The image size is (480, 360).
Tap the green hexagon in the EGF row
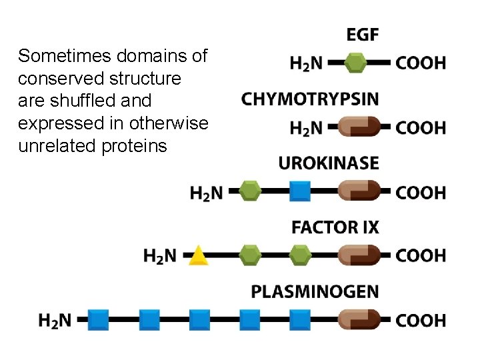click(357, 63)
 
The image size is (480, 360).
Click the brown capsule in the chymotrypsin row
click(359, 127)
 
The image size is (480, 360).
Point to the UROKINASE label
click(329, 163)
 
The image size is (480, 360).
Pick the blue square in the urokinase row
click(300, 192)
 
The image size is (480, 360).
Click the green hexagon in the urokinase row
click(249, 192)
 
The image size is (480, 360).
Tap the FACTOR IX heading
click(335, 227)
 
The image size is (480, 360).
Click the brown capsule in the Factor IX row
click(359, 255)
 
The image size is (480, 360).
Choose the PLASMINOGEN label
click(315, 291)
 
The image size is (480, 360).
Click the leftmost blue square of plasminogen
click(99, 320)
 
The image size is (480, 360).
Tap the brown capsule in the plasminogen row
click(359, 320)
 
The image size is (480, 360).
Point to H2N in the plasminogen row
click(55, 321)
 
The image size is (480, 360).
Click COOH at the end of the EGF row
click(421, 63)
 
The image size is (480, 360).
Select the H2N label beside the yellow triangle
click(160, 255)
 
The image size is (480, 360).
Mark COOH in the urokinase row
click(421, 193)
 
